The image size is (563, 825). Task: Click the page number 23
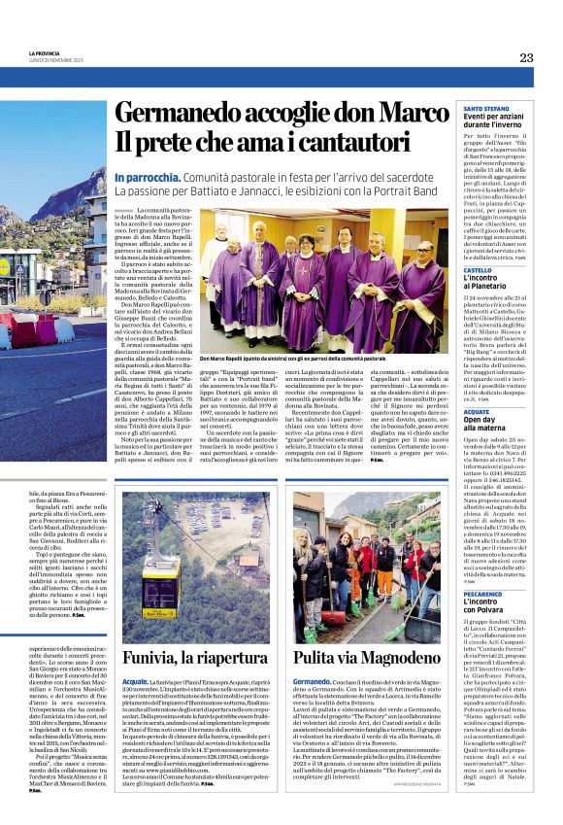pos(526,57)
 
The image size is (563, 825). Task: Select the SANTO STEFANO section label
pos(485,107)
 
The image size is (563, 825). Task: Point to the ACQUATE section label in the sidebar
pos(477,411)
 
